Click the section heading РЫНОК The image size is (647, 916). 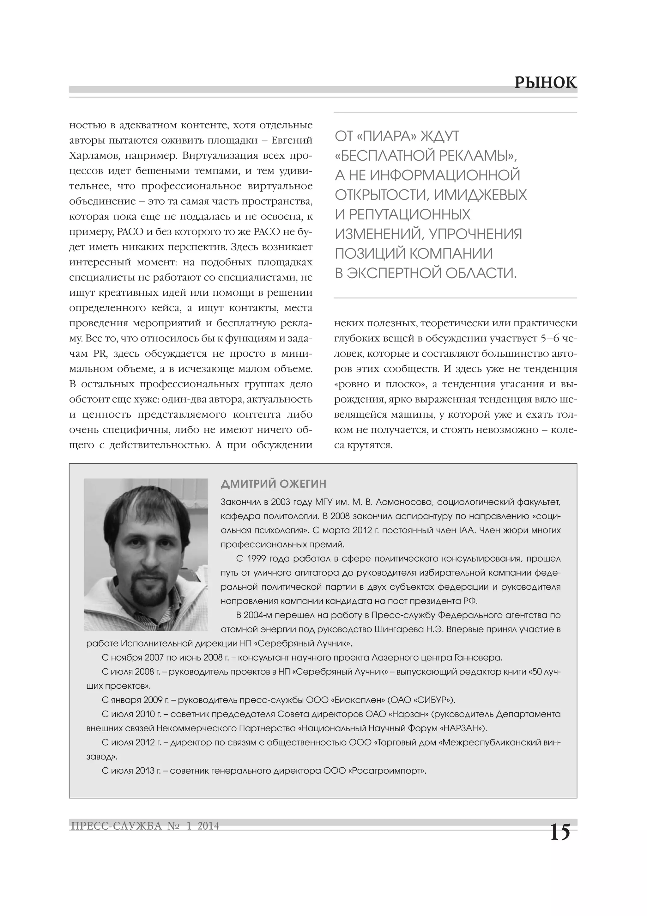(x=545, y=83)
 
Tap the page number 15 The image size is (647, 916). (x=560, y=832)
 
